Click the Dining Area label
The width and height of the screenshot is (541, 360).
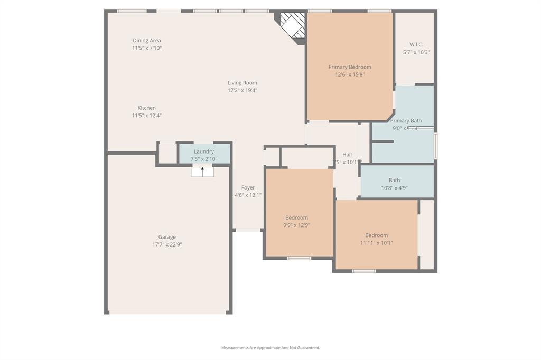146,41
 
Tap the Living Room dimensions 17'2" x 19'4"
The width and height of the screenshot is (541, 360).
242,90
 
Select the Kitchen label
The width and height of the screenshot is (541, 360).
146,108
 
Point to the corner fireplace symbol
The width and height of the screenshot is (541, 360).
292,25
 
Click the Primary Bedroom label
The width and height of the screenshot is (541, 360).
349,67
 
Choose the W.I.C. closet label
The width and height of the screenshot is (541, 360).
416,45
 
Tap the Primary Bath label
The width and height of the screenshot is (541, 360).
406,121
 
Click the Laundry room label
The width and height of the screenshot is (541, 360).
203,151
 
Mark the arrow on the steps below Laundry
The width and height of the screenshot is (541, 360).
202,170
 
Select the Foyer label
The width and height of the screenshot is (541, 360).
248,187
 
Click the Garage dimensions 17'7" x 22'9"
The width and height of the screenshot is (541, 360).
167,244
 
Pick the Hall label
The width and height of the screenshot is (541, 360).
347,155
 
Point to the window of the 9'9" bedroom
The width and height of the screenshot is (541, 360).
299,258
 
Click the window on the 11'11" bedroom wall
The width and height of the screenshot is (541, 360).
364,271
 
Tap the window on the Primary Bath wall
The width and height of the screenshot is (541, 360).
435,146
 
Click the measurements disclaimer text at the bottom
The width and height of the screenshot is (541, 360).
270,348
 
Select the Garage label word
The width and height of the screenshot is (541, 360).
167,237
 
